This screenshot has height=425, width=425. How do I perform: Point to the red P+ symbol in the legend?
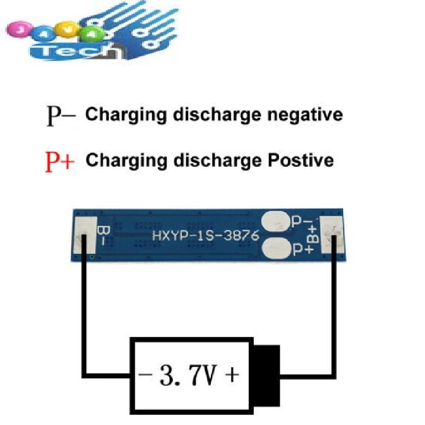coord(60,161)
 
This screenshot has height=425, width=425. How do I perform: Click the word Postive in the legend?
coord(298,161)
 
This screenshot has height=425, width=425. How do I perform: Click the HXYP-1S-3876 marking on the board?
coord(205,235)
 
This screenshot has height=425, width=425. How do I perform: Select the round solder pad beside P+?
coord(276,248)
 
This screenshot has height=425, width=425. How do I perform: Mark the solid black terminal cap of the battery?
coord(265,374)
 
